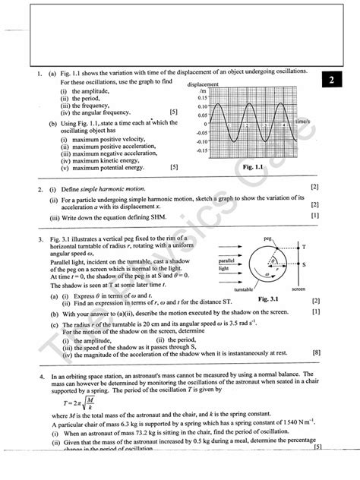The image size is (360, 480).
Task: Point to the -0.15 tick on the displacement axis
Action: (199, 150)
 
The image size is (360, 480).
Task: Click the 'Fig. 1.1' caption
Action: (252, 166)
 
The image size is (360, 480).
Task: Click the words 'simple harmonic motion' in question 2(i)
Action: (112, 187)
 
